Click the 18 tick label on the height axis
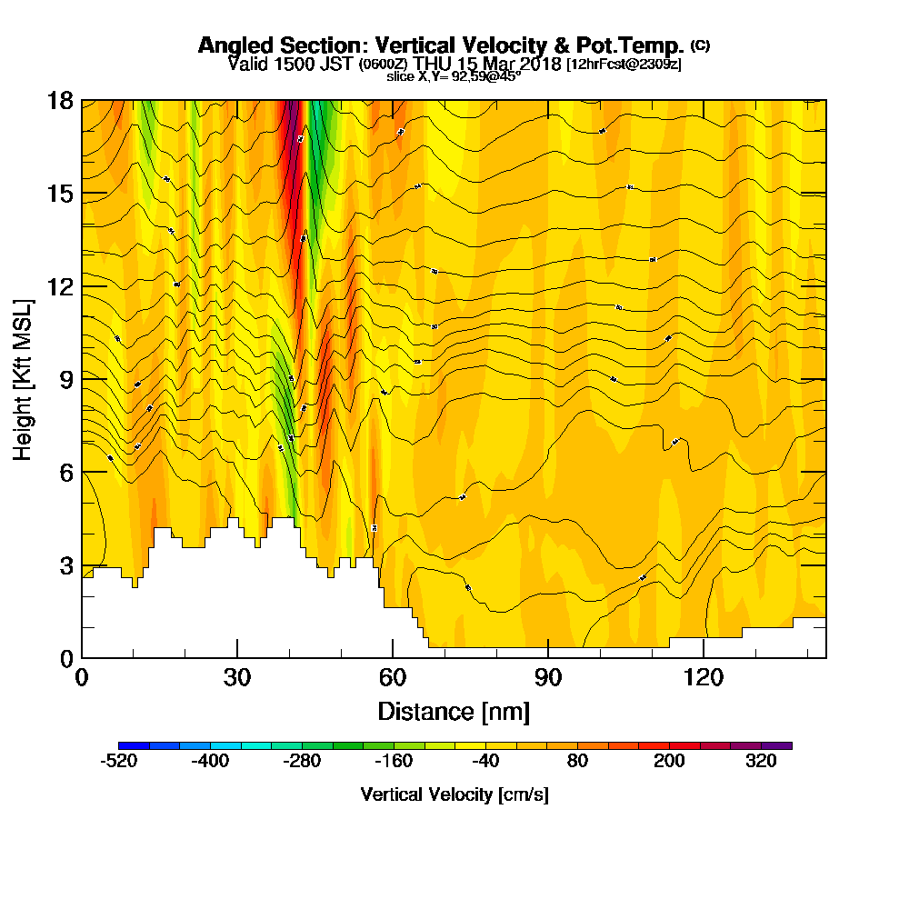click(60, 100)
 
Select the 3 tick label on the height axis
click(66, 565)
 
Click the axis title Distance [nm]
click(454, 710)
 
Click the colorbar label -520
click(119, 762)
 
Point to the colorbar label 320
click(762, 762)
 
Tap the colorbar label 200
click(670, 762)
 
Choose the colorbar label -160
click(395, 762)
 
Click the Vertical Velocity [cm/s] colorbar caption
click(454, 794)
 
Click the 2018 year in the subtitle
click(537, 64)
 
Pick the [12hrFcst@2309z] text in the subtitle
click(624, 65)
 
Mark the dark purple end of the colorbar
click(782, 745)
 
